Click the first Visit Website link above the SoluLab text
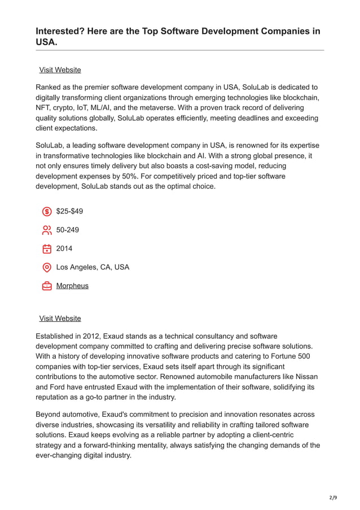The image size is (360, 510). pos(60,69)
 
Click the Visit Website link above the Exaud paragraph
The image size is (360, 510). pos(60,318)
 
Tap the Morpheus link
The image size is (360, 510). pos(72,286)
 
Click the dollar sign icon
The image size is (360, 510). pos(47,212)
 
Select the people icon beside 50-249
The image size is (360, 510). pos(47,230)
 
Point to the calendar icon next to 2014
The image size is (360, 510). pos(47,249)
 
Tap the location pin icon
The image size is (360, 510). pos(47,267)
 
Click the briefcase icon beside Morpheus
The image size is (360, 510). pos(47,286)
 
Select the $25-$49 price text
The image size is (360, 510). pos(69,211)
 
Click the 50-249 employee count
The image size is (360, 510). pos(68,230)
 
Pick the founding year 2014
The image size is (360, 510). pos(64,249)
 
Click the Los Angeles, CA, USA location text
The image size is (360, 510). pos(93,267)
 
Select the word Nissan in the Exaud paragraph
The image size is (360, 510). pos(305,377)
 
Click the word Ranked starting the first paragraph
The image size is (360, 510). pos(50,87)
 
